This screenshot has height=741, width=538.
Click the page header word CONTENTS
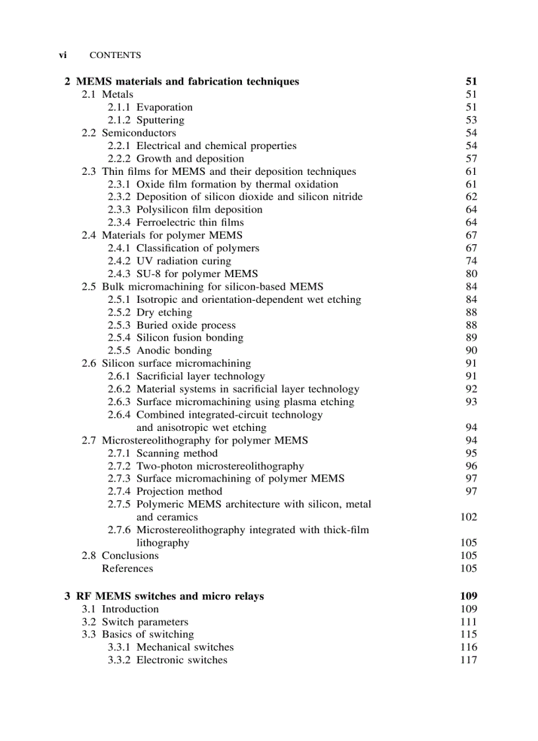pyautogui.click(x=115, y=55)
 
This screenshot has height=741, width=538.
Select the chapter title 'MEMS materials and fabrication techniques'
pyautogui.click(x=187, y=82)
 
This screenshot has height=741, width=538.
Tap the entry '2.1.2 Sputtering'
pyautogui.click(x=146, y=120)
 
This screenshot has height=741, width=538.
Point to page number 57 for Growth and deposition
pyautogui.click(x=471, y=158)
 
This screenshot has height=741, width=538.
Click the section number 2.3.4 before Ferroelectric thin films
pyautogui.click(x=119, y=222)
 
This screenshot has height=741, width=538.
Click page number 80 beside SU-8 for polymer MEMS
pyautogui.click(x=471, y=274)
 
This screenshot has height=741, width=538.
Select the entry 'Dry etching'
pyautogui.click(x=164, y=312)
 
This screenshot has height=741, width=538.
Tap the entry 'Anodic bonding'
pyautogui.click(x=174, y=350)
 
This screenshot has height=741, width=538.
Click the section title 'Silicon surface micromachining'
pyautogui.click(x=176, y=363)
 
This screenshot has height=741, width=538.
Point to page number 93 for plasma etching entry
pyautogui.click(x=471, y=401)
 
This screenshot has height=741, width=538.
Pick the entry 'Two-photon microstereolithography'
pyautogui.click(x=220, y=466)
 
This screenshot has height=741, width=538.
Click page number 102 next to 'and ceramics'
pyautogui.click(x=468, y=517)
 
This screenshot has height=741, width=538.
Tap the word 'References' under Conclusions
pyautogui.click(x=127, y=568)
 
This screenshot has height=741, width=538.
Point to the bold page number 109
pyautogui.click(x=468, y=596)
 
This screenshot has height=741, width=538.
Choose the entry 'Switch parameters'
pyautogui.click(x=144, y=622)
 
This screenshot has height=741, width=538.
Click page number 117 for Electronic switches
pyautogui.click(x=468, y=660)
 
